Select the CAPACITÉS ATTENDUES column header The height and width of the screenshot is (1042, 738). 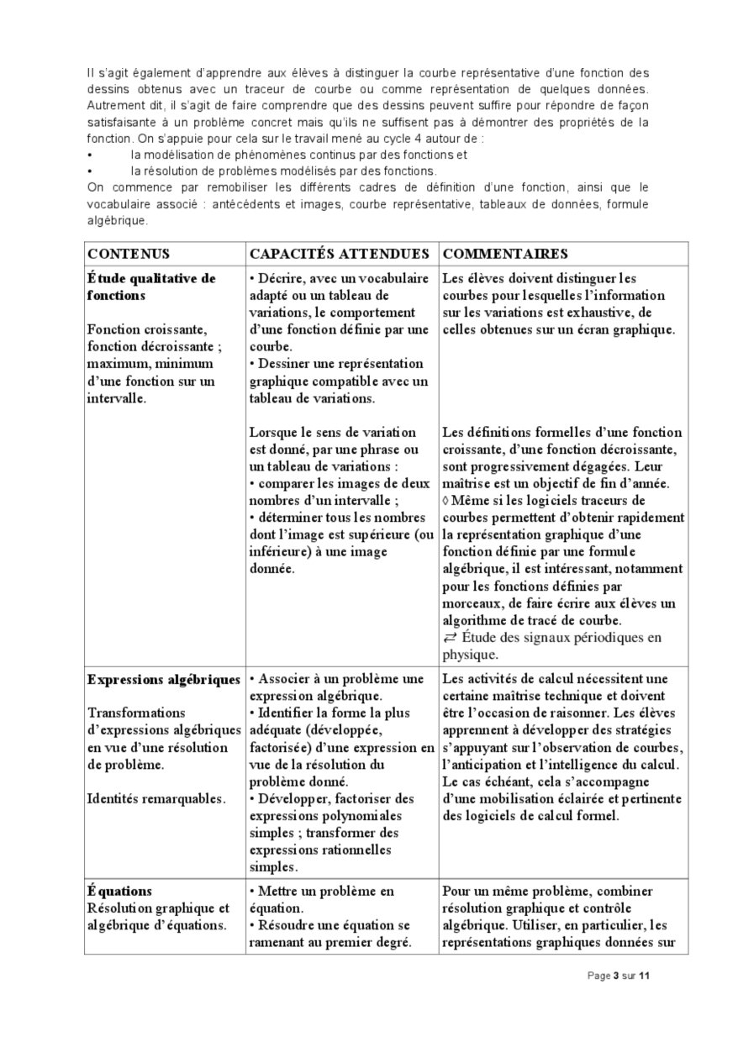(x=340, y=254)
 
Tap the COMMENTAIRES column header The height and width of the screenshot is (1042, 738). (x=504, y=254)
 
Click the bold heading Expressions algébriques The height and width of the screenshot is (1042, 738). (x=164, y=679)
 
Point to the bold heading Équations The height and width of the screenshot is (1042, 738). (x=119, y=891)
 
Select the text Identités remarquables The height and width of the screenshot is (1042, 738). (x=156, y=798)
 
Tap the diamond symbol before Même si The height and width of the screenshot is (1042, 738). (x=445, y=499)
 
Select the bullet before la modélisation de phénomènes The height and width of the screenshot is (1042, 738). (x=90, y=155)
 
